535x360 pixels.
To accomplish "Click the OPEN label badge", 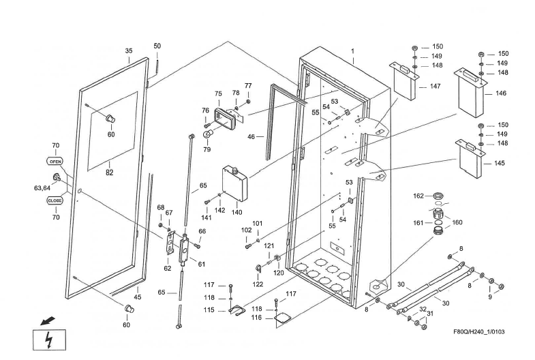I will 55,162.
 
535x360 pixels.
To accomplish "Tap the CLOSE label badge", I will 55,200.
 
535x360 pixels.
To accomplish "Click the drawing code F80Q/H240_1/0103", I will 489,333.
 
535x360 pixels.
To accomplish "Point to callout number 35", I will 129,51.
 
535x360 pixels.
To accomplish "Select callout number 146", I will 501,93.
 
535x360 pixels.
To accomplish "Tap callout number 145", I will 500,163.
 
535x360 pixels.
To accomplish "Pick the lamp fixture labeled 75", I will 228,119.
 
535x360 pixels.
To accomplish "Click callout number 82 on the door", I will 109,172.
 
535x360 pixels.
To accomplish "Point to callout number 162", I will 418,196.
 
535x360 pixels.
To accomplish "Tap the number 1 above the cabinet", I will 353,51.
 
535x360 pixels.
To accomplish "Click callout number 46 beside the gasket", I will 251,137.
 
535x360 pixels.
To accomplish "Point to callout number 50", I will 157,46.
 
